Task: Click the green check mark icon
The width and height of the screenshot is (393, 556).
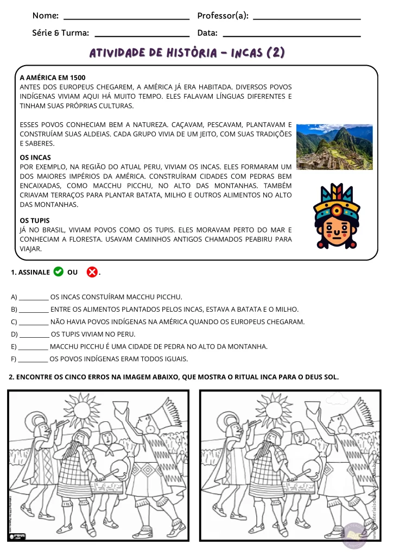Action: [59, 271]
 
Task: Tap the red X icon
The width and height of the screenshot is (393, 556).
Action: [92, 271]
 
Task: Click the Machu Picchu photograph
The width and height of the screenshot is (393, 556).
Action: [334, 147]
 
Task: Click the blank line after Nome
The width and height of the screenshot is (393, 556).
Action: [126, 18]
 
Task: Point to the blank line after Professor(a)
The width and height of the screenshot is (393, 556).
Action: [307, 18]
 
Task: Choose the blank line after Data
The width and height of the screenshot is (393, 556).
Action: [291, 35]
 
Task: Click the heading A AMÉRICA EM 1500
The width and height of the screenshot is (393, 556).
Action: [53, 78]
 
